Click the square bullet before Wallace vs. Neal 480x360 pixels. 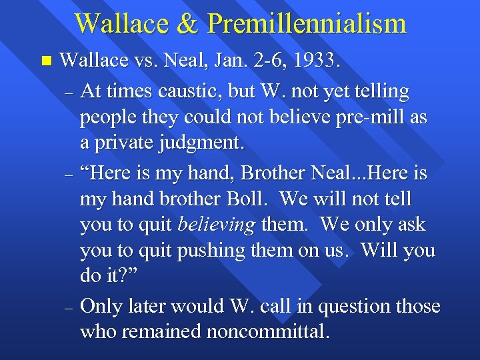pos(45,61)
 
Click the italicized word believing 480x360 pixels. pos(217,225)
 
